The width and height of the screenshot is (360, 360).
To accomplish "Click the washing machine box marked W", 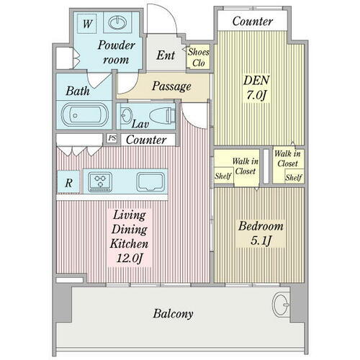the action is [x=87, y=23].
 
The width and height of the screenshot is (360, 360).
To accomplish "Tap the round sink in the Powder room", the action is [x=117, y=23].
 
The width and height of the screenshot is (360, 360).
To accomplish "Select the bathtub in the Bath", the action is [x=85, y=114].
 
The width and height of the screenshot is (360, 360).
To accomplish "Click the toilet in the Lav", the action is [x=162, y=115].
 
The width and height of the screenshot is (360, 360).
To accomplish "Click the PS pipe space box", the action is [x=112, y=138].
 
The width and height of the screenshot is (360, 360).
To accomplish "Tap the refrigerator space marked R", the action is [x=68, y=182].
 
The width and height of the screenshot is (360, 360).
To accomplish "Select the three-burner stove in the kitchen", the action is [x=100, y=182].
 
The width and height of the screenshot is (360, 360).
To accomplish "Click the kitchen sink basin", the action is [x=150, y=182].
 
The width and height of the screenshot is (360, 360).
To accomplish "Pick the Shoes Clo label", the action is [x=198, y=58].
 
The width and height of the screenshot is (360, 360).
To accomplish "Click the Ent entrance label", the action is [x=166, y=55].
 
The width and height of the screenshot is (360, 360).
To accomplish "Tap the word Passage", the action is [x=171, y=86].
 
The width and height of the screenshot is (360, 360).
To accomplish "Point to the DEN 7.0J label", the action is [x=256, y=88].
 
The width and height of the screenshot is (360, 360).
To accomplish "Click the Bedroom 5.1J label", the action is [x=261, y=233].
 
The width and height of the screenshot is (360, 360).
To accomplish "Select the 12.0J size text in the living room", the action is [x=130, y=258].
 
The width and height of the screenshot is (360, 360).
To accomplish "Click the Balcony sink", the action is [x=281, y=305].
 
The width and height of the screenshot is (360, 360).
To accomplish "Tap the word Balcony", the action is [x=173, y=314].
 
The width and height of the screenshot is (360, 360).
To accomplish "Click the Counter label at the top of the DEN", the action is [x=253, y=22].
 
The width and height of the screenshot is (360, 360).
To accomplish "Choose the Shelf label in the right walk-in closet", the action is [x=294, y=178].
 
